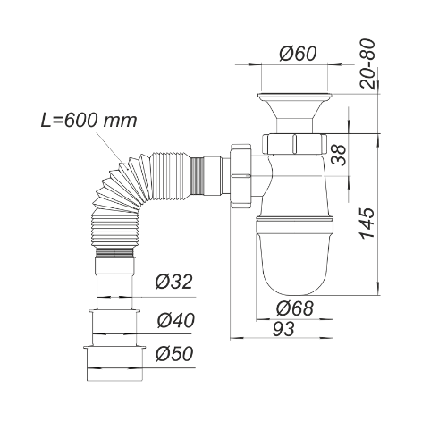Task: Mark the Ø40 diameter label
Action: click(x=175, y=319)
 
